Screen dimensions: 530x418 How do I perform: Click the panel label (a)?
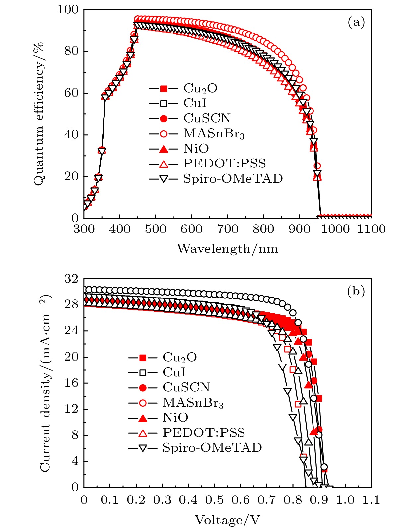356,22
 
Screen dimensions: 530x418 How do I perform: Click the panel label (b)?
356,291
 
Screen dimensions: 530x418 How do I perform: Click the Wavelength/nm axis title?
228,248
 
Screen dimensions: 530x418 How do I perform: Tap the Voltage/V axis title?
227,520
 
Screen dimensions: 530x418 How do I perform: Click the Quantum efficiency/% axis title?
39,114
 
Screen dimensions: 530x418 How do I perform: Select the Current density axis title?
45,383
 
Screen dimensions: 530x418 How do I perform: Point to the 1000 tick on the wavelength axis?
335,229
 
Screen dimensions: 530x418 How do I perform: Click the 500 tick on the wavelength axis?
156,229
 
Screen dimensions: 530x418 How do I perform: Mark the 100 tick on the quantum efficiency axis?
68,10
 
